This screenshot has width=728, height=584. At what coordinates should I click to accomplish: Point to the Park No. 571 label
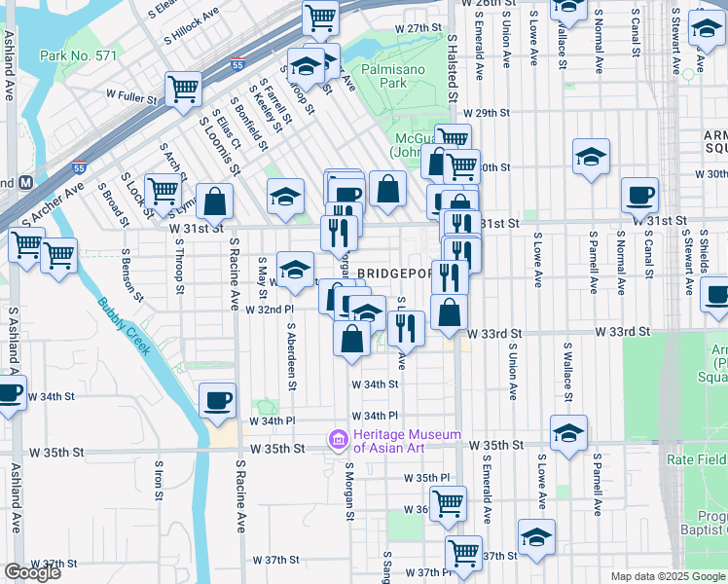pyautogui.click(x=78, y=55)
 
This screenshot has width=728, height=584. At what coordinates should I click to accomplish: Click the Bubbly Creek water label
pyautogui.click(x=125, y=326)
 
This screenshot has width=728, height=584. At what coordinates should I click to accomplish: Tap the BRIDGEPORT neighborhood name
pyautogui.click(x=394, y=274)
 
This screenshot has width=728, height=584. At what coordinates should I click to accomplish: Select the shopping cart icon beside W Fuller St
pyautogui.click(x=182, y=89)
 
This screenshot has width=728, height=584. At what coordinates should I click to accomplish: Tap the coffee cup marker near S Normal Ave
pyautogui.click(x=639, y=195)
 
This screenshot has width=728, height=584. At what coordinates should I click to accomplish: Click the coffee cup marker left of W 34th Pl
pyautogui.click(x=217, y=399)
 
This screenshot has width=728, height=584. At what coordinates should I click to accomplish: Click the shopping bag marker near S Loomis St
pyautogui.click(x=215, y=201)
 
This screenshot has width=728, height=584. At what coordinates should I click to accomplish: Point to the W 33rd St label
pyautogui.click(x=489, y=333)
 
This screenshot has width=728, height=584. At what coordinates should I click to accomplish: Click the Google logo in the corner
pyautogui.click(x=32, y=573)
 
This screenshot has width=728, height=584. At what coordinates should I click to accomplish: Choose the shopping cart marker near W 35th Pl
pyautogui.click(x=448, y=503)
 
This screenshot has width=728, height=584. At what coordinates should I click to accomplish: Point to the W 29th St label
pyautogui.click(x=487, y=113)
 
